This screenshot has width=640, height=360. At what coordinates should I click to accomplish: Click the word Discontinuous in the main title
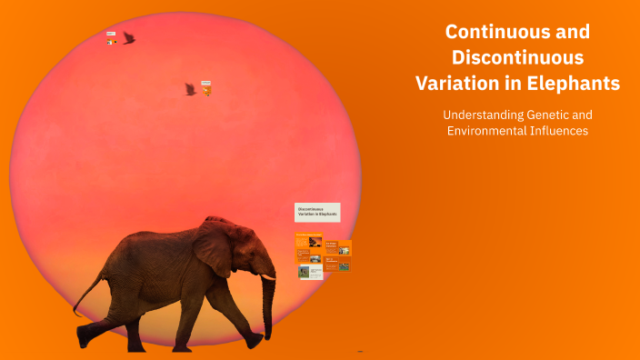[x=517, y=57]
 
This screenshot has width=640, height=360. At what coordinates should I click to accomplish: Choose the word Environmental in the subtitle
[x=490, y=131]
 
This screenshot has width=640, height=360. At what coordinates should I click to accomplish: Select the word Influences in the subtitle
[x=562, y=131]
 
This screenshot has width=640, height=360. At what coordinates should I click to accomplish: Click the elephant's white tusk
[x=267, y=275]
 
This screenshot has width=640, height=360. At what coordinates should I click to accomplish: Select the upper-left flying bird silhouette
[x=129, y=38]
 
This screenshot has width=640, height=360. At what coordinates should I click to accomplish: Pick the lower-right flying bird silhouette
[x=190, y=88]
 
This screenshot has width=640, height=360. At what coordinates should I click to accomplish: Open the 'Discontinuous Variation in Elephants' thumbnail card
[x=317, y=213]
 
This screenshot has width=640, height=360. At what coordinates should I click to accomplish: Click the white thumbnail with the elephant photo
[x=310, y=271]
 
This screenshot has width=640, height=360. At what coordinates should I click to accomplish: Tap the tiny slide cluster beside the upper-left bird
[x=111, y=39]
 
